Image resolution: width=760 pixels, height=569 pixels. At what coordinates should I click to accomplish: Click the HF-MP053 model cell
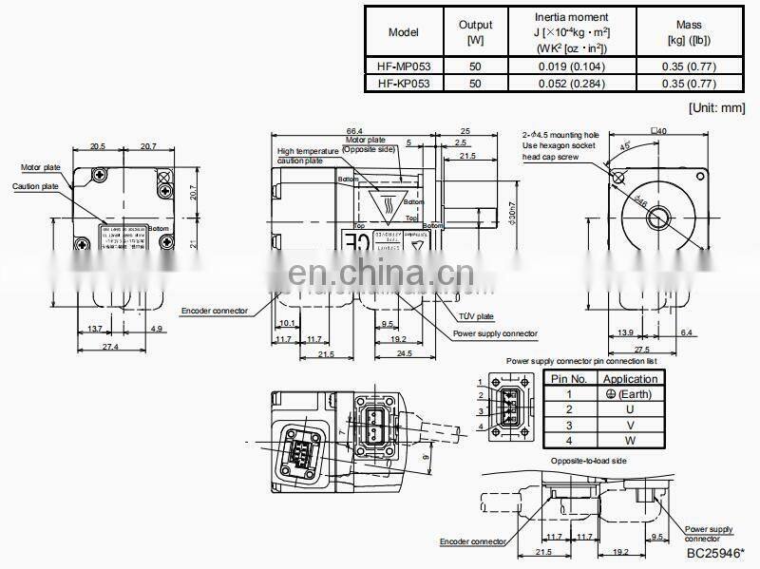point(403,66)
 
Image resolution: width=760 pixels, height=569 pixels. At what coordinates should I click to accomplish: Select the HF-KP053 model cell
point(403,84)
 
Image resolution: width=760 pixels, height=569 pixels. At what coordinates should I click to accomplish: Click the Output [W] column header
point(475,31)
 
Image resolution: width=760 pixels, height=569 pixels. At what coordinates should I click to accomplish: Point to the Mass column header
point(688,31)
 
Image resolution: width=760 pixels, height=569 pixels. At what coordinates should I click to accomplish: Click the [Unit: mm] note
point(716,108)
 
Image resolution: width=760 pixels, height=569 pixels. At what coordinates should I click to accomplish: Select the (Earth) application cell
point(630,394)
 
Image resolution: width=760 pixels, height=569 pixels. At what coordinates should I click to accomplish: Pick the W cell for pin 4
point(630,440)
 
